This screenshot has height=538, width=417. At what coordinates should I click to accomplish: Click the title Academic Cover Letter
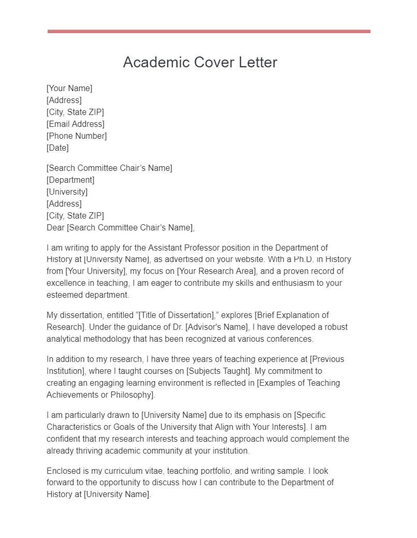(x=200, y=62)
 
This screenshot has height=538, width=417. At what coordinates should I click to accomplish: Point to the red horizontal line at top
(x=209, y=32)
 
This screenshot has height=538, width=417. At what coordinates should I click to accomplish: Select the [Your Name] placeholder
(x=69, y=88)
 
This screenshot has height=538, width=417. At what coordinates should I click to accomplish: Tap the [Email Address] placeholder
(x=76, y=124)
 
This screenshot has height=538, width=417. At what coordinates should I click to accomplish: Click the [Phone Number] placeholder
(x=77, y=136)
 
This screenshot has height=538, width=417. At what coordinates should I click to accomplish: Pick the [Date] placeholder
(x=57, y=148)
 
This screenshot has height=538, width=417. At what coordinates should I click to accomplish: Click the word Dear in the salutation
(x=55, y=227)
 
